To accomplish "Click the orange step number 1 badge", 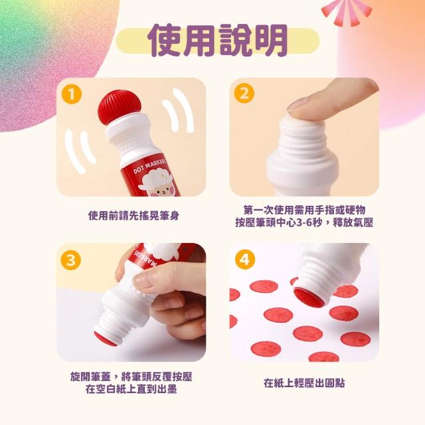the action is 72,94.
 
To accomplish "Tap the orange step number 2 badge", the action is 244,93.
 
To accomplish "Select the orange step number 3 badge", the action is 71,260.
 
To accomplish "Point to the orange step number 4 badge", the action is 245,260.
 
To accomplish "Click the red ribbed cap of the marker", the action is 120,108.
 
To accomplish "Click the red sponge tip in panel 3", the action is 106,339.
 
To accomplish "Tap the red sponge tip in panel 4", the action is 309,297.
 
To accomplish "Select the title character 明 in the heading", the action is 270,40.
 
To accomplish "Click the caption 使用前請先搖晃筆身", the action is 133,216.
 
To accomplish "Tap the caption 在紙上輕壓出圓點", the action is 304,383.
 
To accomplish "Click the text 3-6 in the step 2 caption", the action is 304,223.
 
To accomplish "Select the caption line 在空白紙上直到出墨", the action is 131,389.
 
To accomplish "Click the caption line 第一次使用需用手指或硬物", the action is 304,210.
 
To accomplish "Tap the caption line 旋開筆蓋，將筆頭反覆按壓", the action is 131,377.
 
